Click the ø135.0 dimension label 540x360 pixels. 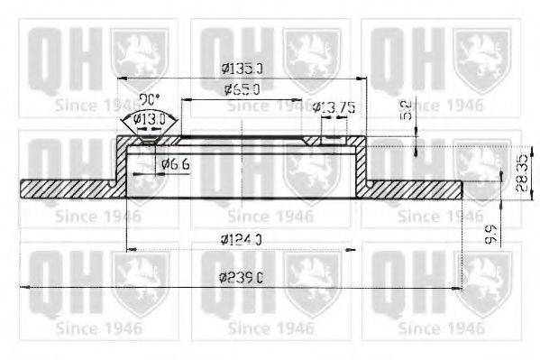[241, 68]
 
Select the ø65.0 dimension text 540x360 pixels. [242, 89]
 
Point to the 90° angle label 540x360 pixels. [149, 98]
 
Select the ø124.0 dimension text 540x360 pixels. [241, 239]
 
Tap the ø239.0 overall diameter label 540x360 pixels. [241, 278]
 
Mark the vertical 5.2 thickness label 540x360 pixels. [407, 110]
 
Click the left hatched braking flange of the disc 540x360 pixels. [68, 188]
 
